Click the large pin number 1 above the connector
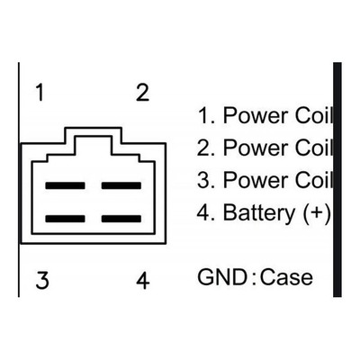[x=40, y=93]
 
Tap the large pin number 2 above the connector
[x=142, y=93]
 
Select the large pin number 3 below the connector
[x=42, y=280]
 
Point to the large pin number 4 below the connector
[x=143, y=280]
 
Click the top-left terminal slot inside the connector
[x=65, y=185]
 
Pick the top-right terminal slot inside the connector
[x=121, y=185]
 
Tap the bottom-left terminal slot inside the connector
[x=65, y=219]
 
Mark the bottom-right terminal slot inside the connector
[x=121, y=219]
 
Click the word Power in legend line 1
[x=256, y=115]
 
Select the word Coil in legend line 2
[x=314, y=148]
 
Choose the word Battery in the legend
[x=259, y=213]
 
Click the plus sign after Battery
[x=317, y=212]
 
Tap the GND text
[x=222, y=277]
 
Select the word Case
[x=286, y=277]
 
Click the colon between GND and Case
[x=254, y=278]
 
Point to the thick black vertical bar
[x=337, y=180]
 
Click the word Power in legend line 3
[x=256, y=180]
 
